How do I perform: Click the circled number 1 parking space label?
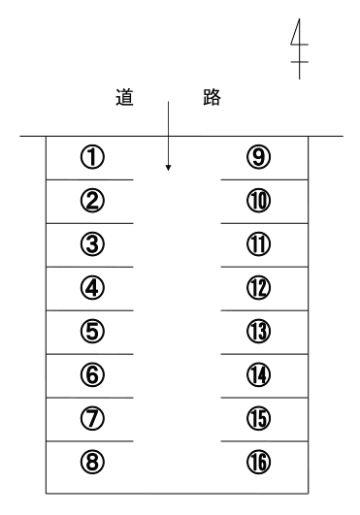pos(92,157)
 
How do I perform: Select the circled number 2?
pos(92,201)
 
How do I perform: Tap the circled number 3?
pos(92,244)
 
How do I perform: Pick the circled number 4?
pos(92,288)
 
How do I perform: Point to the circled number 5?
pos(92,331)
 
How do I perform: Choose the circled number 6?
pos(92,374)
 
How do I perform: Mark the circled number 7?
pos(92,418)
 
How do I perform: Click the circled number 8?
pos(92,462)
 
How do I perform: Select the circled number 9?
pos(259,157)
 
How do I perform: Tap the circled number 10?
pos(259,201)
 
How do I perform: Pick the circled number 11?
pos(259,244)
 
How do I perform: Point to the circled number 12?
pos(259,288)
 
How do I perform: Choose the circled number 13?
pos(259,331)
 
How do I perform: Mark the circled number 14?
pos(259,374)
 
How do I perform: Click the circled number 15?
pos(259,418)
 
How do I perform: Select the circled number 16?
pos(259,462)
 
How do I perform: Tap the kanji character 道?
pos(125,97)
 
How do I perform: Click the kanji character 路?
pos(212,97)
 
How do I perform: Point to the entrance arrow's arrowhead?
pos(168,168)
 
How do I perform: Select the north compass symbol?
pos(299,48)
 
